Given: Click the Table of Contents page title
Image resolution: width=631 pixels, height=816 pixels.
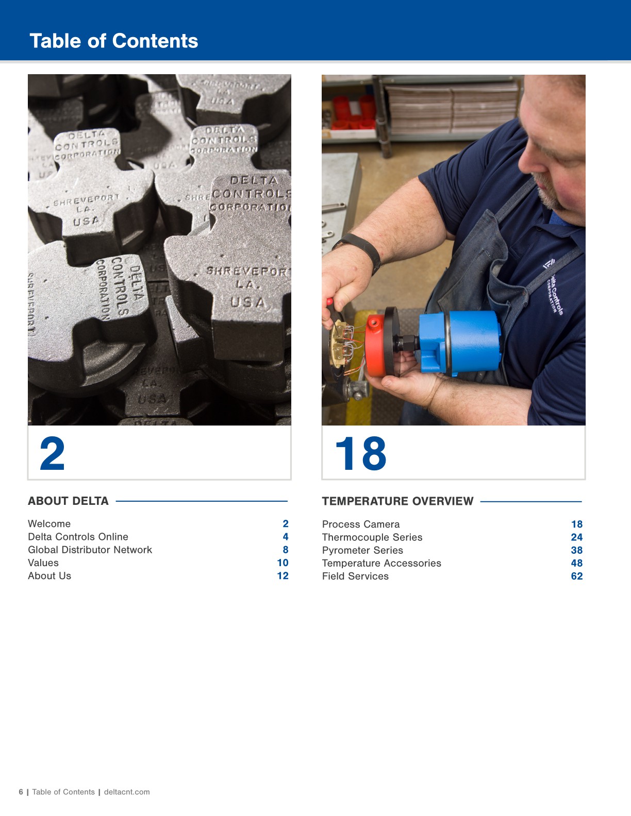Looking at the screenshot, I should [114, 41].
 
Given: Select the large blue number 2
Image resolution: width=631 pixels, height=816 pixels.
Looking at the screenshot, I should [53, 454].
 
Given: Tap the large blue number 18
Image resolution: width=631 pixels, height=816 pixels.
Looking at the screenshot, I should [360, 454].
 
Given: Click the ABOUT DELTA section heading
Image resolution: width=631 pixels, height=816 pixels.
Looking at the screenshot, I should [68, 501].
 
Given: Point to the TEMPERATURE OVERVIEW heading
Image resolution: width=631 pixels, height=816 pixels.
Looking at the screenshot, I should [397, 501].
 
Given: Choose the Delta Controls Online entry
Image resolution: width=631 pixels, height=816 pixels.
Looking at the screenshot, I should [78, 537].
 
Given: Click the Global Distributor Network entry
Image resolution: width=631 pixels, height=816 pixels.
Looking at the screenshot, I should [90, 550].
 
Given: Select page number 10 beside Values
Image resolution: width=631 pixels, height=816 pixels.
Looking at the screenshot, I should [283, 563].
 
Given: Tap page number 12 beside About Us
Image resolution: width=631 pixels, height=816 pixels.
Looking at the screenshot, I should [283, 576].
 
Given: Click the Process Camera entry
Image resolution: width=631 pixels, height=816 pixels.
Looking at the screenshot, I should [361, 524].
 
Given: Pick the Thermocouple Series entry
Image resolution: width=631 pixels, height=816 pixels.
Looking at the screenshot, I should [372, 537].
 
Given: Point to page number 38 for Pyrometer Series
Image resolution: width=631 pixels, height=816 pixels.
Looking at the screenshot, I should [576, 550].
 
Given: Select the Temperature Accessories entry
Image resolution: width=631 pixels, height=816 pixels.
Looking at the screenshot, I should [381, 563].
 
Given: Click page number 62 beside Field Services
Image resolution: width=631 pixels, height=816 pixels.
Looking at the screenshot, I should [576, 576].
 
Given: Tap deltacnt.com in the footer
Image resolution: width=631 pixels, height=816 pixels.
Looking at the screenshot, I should [127, 792].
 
